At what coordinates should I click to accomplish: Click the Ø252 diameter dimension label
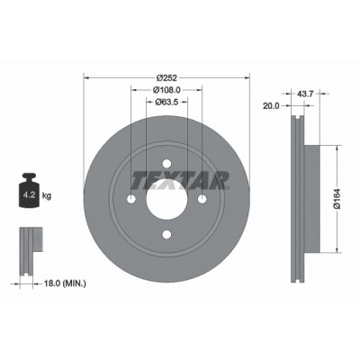point(166,77)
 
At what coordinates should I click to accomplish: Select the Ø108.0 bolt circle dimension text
point(166,89)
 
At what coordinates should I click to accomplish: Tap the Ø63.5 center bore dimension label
point(166,102)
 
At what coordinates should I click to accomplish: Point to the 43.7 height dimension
point(305,94)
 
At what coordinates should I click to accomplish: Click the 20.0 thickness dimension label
point(271,105)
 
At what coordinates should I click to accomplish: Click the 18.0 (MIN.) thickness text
point(65,283)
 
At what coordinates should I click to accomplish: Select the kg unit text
point(47,196)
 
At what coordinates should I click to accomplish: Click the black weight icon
point(28,190)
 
